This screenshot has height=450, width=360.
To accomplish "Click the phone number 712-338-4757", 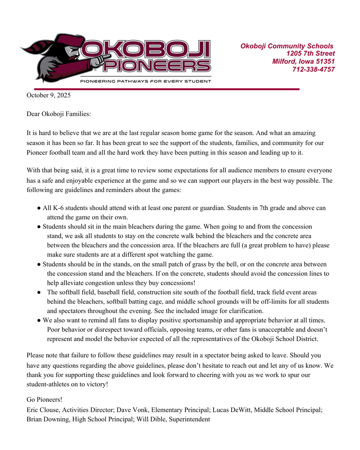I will point(313,69).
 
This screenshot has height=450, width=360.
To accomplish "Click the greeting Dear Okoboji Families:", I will point(59,114).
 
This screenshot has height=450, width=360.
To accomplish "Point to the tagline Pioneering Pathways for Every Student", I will point(145,81).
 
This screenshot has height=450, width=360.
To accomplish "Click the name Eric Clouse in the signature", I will point(44,410).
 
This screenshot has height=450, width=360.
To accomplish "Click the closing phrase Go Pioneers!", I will point(44,399).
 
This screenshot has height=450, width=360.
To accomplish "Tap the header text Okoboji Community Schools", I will point(287,46).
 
